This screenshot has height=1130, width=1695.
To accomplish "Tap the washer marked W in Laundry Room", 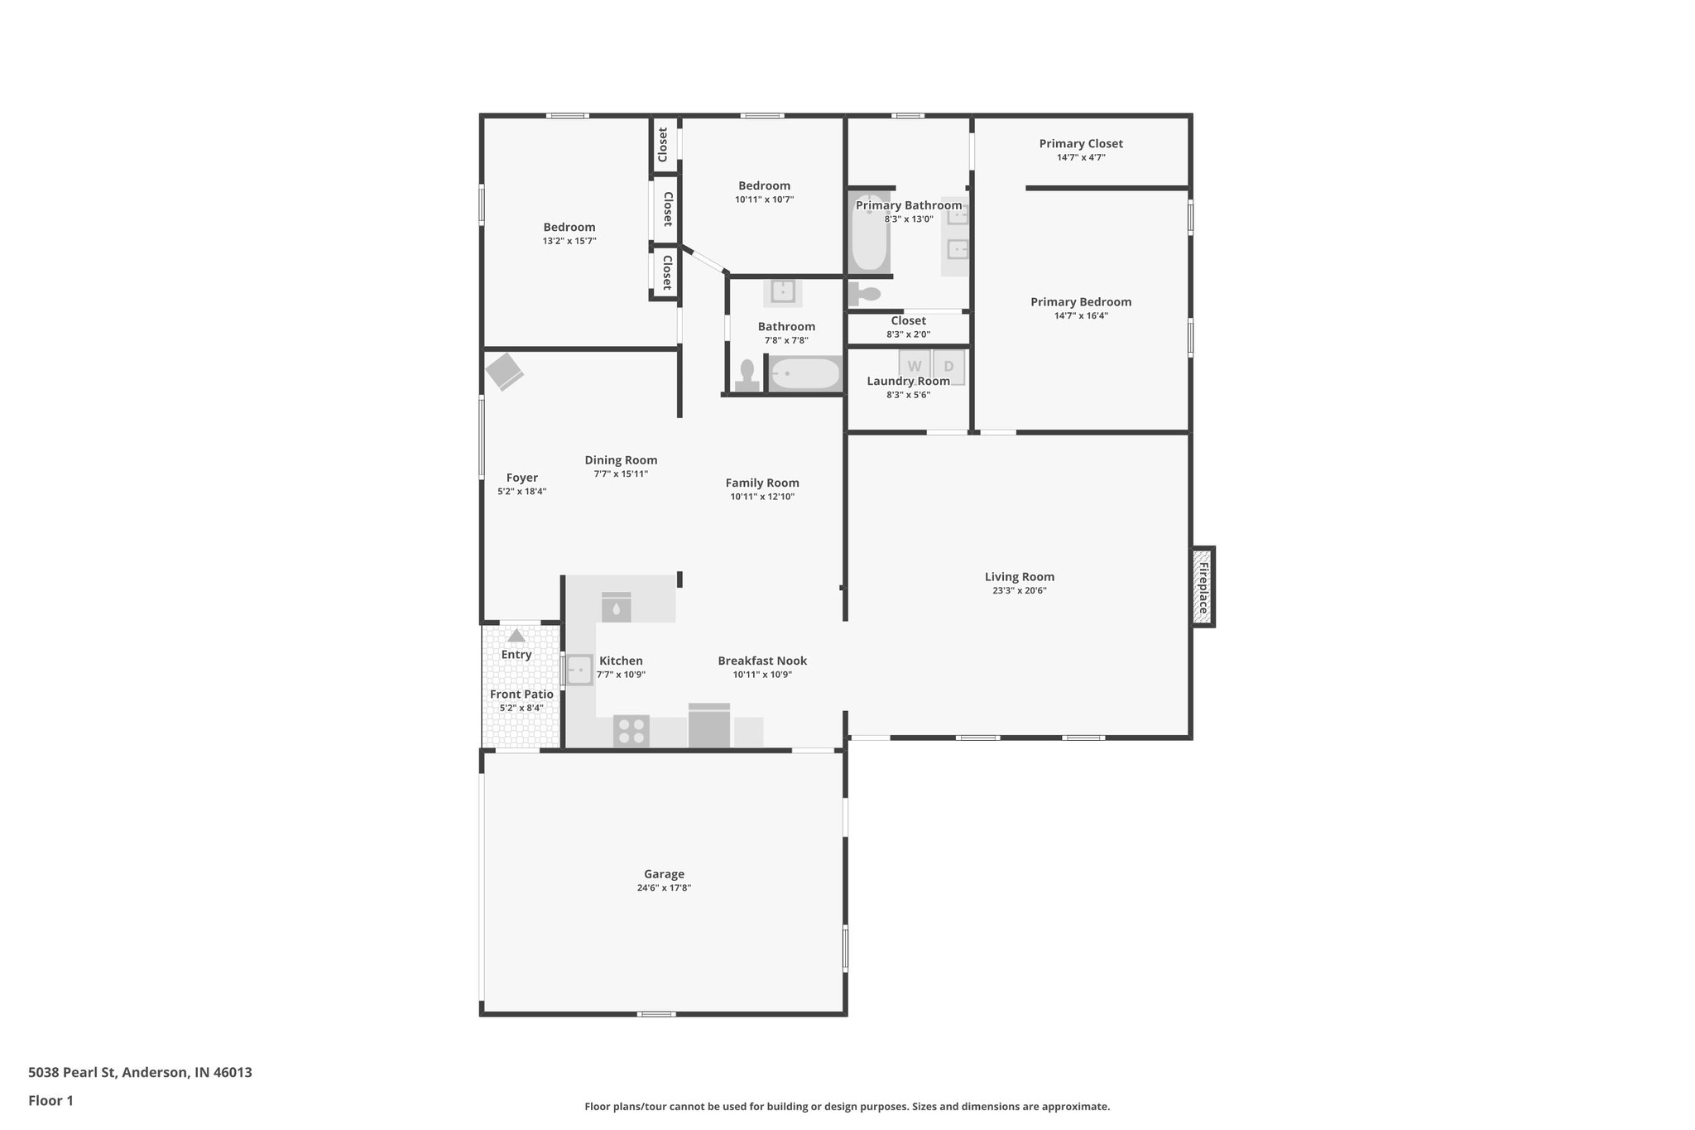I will pyautogui.click(x=915, y=367).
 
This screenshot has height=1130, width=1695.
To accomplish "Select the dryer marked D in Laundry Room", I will pyautogui.click(x=949, y=367).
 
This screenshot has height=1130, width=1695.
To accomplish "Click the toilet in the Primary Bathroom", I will pyautogui.click(x=865, y=293).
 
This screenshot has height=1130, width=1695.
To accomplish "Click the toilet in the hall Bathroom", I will pyautogui.click(x=748, y=375).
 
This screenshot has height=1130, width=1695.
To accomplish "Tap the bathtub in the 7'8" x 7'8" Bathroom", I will pyautogui.click(x=805, y=374).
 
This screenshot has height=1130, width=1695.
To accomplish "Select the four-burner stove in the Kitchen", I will pyautogui.click(x=631, y=732).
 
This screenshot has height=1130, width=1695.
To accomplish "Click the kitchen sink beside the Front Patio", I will pyautogui.click(x=579, y=670).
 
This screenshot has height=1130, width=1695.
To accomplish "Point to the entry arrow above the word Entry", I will pyautogui.click(x=516, y=636).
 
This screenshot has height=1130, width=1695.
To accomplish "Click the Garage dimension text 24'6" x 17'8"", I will pyautogui.click(x=664, y=887).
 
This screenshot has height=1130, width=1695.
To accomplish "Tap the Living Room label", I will pyautogui.click(x=1020, y=577).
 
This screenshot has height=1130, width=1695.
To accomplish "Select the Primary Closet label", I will pyautogui.click(x=1081, y=144).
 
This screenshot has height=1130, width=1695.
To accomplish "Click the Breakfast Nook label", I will pyautogui.click(x=762, y=661).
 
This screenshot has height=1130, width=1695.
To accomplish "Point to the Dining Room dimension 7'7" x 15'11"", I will pyautogui.click(x=621, y=474).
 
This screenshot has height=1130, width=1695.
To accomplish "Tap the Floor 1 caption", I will pyautogui.click(x=50, y=1100).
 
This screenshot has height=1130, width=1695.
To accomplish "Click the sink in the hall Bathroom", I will pyautogui.click(x=782, y=292).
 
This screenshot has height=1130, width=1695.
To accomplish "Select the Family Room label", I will pyautogui.click(x=762, y=483).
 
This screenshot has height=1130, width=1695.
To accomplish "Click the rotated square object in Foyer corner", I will pyautogui.click(x=504, y=372).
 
